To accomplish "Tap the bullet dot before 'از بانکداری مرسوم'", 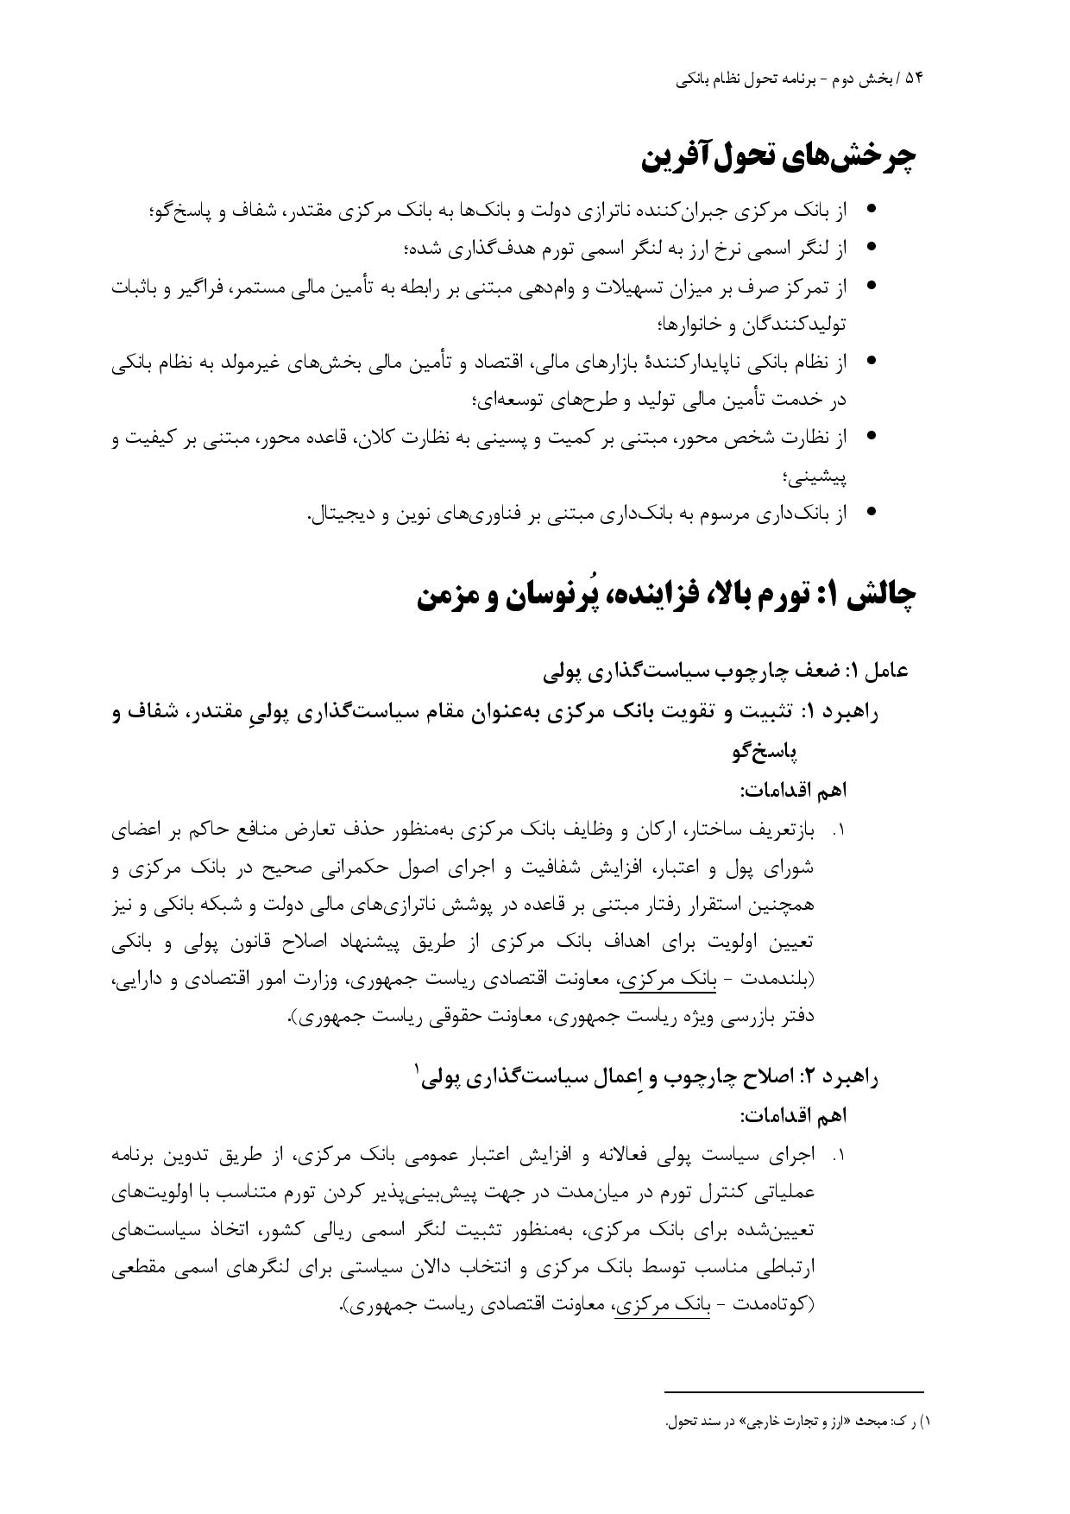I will click(871, 512).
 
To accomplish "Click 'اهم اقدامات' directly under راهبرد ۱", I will click(795, 791).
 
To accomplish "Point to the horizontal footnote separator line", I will click(794, 1391).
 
